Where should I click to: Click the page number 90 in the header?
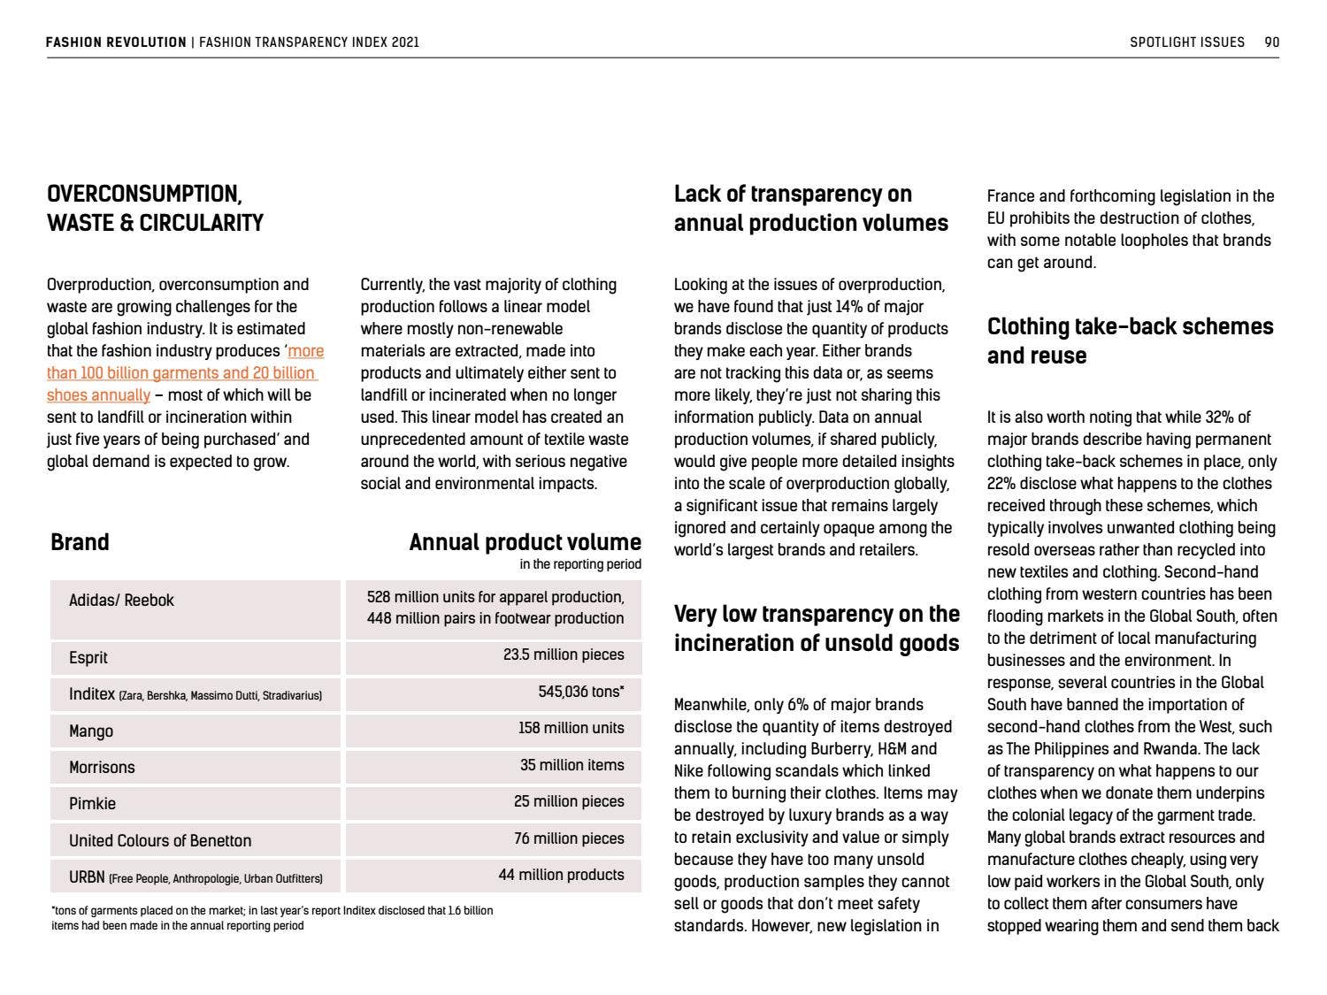(x=1271, y=42)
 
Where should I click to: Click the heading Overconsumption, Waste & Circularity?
(x=155, y=209)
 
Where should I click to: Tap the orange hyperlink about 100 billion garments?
(x=185, y=373)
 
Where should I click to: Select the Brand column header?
(x=81, y=542)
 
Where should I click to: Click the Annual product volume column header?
(x=525, y=542)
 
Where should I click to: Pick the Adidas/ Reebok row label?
(x=122, y=601)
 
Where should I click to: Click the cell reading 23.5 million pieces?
(x=564, y=654)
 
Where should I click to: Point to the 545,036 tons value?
(x=580, y=692)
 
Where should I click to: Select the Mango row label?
(x=91, y=731)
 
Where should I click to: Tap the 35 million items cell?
(x=571, y=765)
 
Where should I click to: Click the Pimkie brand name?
(x=93, y=803)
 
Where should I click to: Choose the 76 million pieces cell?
(x=569, y=838)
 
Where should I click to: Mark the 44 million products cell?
(x=561, y=875)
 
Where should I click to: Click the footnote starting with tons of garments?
(x=272, y=917)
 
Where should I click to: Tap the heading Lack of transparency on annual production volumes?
(x=810, y=209)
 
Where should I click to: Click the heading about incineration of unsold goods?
(x=816, y=628)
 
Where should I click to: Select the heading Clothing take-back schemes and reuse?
(x=1130, y=341)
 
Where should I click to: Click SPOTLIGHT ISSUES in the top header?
(x=1186, y=42)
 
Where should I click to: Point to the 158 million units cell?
(x=571, y=728)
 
